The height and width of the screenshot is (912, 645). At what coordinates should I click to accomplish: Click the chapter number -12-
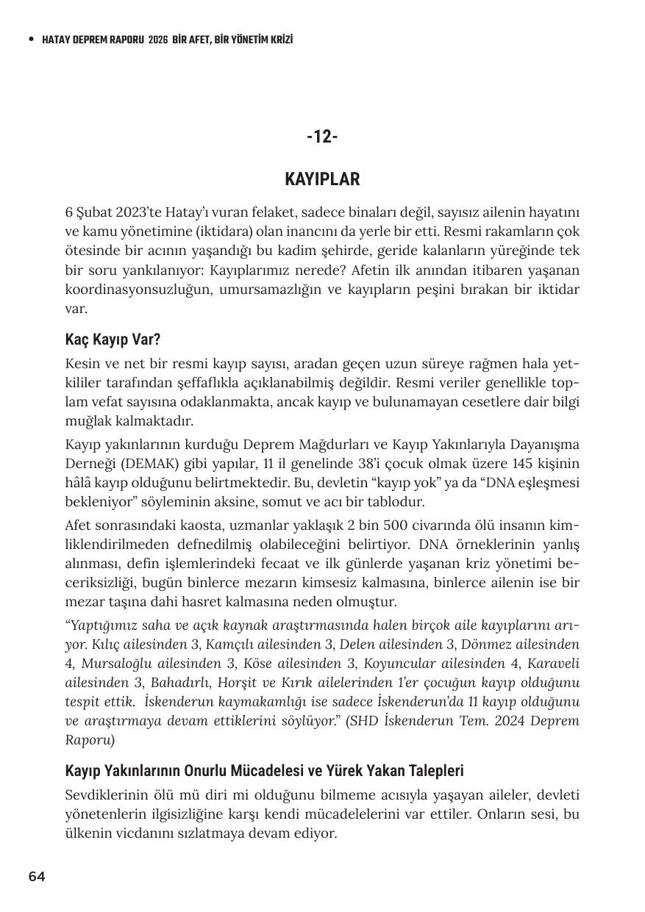click(322, 137)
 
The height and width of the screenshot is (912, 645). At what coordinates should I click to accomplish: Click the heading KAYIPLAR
click(322, 179)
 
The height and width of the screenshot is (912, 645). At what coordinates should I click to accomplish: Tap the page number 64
click(37, 876)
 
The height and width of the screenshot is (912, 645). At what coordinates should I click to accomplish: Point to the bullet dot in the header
click(31, 40)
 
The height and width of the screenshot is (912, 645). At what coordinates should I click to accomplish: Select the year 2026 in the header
click(158, 40)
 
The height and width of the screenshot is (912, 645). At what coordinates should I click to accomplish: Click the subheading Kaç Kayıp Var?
click(113, 340)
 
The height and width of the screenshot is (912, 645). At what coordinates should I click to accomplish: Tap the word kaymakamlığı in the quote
click(270, 702)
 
